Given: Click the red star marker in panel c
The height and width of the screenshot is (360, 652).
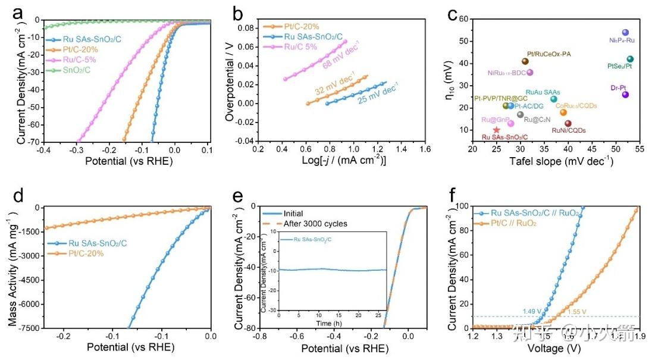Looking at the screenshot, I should (x=497, y=130).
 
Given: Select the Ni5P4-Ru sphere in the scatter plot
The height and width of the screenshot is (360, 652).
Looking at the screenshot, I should (x=625, y=33).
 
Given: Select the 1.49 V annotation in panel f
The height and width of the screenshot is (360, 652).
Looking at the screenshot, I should (x=532, y=311).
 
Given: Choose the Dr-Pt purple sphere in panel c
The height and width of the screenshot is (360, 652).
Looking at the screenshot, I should (x=625, y=95).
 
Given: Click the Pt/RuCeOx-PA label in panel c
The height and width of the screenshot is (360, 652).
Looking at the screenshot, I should (x=549, y=54).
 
